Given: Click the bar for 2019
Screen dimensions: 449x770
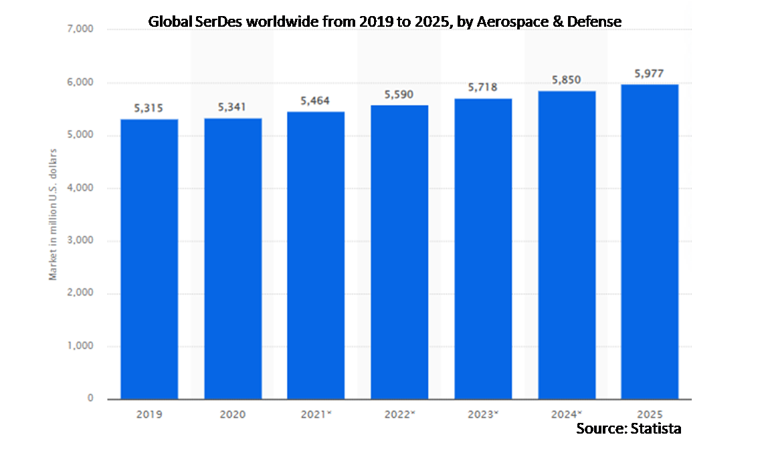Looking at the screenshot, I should tap(149, 259).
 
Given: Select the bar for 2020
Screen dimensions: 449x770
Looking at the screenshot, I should tap(233, 259).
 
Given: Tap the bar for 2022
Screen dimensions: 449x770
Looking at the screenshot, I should tap(399, 252).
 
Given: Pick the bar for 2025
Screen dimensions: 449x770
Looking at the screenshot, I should tap(650, 242).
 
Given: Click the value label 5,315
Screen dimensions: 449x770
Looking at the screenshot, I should tap(149, 108).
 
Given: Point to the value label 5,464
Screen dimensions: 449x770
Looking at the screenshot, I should tap(316, 101).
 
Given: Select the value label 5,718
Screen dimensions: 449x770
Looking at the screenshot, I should tap(483, 88).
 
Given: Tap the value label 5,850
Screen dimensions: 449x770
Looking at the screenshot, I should tap(566, 80).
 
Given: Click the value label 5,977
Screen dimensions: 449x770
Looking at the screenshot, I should tap(649, 73).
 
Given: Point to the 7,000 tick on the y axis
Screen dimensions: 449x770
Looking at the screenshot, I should tap(80, 30).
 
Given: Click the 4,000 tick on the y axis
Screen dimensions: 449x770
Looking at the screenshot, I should tap(80, 188).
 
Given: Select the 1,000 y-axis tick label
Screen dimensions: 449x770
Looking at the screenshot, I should tap(80, 347).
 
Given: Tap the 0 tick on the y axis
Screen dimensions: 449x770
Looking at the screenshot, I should tap(90, 399).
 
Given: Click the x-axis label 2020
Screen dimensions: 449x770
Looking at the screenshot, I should tap(232, 414).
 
